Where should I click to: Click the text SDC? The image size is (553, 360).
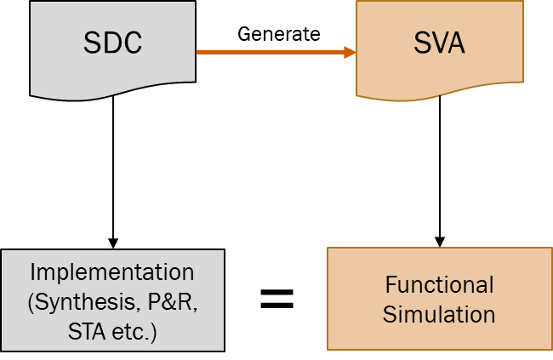112,43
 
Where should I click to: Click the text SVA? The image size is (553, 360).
439,43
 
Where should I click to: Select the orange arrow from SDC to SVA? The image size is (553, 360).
272,53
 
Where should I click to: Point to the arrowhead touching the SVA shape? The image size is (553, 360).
350,53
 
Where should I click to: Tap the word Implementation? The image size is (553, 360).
112,273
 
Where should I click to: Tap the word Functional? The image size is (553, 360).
439,285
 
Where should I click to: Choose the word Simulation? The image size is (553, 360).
439,314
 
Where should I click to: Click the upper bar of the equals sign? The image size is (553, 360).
277,291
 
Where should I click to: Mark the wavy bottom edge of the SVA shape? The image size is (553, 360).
439,92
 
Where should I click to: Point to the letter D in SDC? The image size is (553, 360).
112,43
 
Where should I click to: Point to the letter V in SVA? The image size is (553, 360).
439,43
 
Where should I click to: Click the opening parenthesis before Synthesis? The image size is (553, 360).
31,302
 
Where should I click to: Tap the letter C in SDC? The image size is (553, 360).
132,43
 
